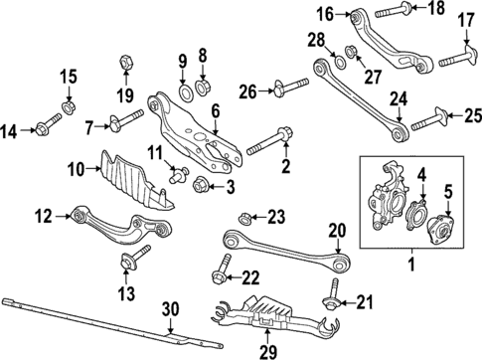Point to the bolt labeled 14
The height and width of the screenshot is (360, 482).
(47, 126)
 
